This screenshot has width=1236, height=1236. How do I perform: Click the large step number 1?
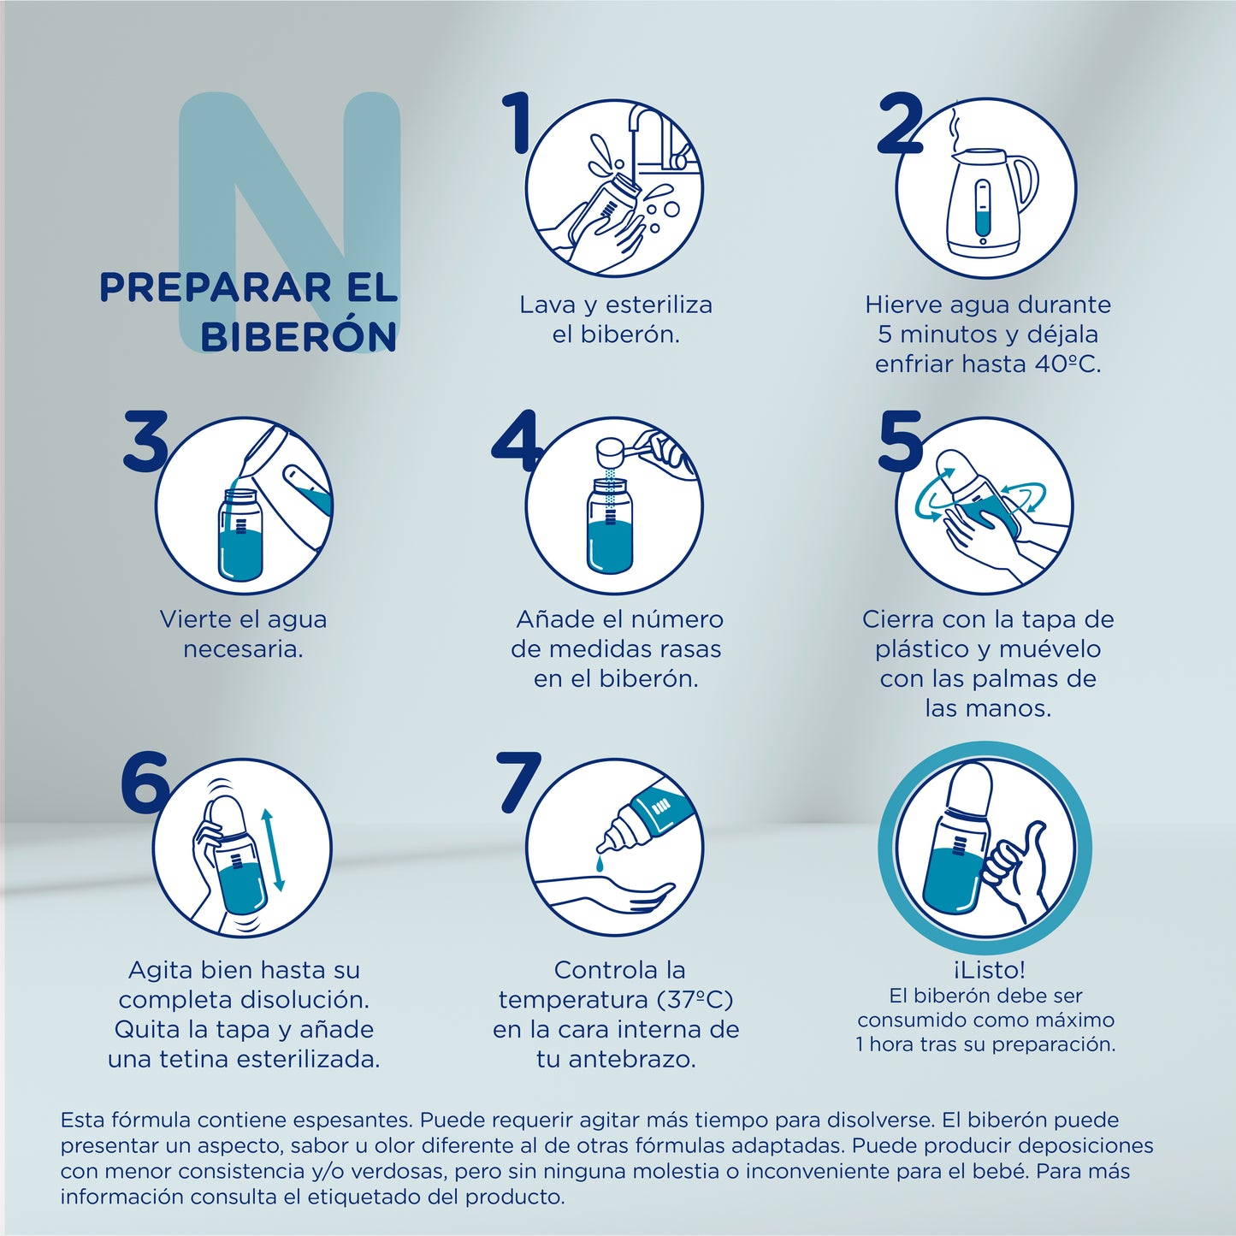pyautogui.click(x=517, y=124)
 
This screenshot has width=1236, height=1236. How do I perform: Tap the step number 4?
pyautogui.click(x=516, y=441)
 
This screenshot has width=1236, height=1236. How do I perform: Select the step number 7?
pyautogui.click(x=518, y=780)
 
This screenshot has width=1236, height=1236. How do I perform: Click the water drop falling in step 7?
pyautogui.click(x=600, y=866)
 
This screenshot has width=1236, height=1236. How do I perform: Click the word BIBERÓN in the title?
pyautogui.click(x=299, y=337)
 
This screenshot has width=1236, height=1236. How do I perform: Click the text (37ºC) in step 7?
pyautogui.click(x=695, y=1000)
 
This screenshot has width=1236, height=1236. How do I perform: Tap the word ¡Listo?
pyautogui.click(x=988, y=970)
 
